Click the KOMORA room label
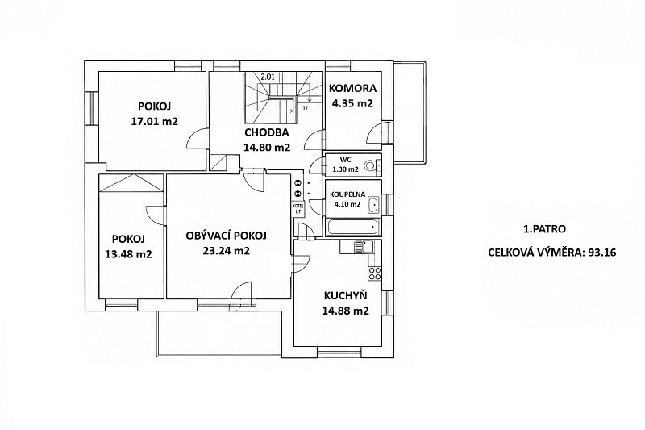point(353,88)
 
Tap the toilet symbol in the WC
point(372,165)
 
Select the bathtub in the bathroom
point(353,228)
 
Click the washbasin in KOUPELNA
point(373,205)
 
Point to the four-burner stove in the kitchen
point(375,273)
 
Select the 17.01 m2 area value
point(154,121)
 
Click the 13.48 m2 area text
point(128,254)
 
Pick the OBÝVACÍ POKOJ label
point(227,236)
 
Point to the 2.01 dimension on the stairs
point(268,76)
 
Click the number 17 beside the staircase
point(306,108)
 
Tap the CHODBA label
point(267,132)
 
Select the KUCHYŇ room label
point(346,295)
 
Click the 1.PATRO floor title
point(544,229)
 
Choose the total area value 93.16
point(602,253)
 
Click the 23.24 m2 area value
point(227,251)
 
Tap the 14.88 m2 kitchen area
point(346,311)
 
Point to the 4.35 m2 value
point(352,103)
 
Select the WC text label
point(345,160)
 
